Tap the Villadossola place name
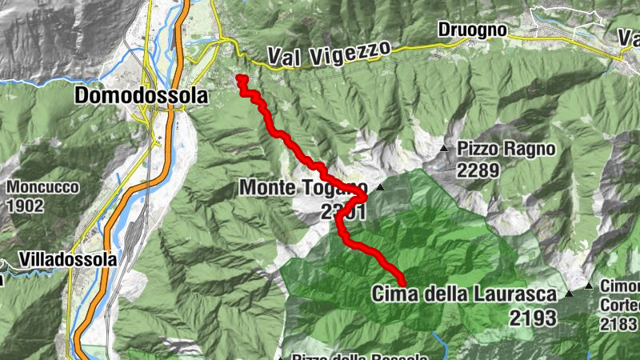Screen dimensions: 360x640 click(66, 260)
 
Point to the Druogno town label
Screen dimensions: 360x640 click(472, 30)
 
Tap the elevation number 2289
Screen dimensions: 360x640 click(478, 170)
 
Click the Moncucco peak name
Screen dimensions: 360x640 click(43, 187)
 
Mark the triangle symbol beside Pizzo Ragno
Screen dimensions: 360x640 click(444, 148)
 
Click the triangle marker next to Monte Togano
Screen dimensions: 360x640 click(381, 188)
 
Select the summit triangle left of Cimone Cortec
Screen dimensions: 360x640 click(588, 286)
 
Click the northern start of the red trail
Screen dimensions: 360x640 click(239, 78)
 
